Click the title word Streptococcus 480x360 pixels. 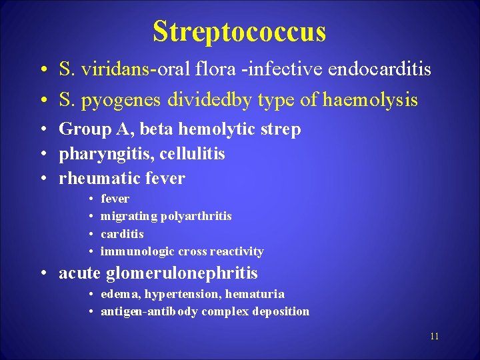tap(239, 31)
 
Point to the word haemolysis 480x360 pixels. tap(370, 100)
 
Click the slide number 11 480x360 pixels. tap(434, 336)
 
